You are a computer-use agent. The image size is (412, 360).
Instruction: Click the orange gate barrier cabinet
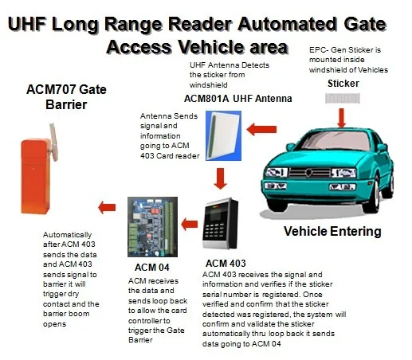(x=35, y=176)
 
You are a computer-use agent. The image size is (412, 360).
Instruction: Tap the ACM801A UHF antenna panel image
(x=223, y=135)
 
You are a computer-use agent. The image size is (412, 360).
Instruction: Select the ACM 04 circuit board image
(x=152, y=227)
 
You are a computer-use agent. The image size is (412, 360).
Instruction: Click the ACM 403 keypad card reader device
(x=220, y=223)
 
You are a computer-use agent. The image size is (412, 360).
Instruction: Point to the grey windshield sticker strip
(x=343, y=98)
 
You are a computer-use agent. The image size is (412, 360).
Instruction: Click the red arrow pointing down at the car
(x=342, y=118)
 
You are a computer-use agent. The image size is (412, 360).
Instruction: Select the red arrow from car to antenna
(x=261, y=129)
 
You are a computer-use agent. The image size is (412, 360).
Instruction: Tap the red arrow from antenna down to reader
(x=220, y=178)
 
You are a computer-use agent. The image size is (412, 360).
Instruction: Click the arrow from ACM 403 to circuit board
(x=190, y=225)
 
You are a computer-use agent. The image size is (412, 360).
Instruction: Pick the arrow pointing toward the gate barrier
(x=107, y=207)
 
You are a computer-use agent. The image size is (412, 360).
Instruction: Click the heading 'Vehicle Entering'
(x=332, y=231)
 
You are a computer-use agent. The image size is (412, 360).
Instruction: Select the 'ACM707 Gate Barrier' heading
(x=66, y=97)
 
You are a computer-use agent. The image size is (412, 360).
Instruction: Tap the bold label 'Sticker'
(x=343, y=84)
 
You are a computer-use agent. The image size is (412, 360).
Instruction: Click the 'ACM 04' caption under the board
(x=152, y=268)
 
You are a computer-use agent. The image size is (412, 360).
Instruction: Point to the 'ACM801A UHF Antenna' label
(x=237, y=99)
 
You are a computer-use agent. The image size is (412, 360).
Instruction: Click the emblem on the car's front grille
(x=308, y=173)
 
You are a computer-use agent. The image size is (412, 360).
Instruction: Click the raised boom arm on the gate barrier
(x=53, y=142)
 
